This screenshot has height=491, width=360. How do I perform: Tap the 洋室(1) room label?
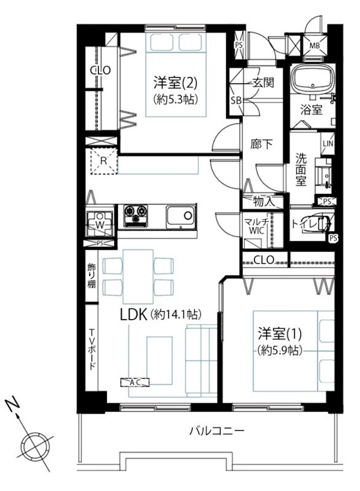(x=280, y=334)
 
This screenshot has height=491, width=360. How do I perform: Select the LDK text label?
(x=134, y=315)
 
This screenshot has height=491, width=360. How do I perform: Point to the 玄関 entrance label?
(x=263, y=83)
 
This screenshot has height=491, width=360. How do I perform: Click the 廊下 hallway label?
(x=261, y=144)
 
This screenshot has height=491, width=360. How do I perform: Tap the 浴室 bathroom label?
(x=311, y=110)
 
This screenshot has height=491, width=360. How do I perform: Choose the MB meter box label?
(x=315, y=45)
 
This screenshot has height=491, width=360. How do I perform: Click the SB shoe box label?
(x=237, y=101)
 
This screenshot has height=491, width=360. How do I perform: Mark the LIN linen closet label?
(x=327, y=144)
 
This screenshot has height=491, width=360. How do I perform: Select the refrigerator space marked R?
(x=104, y=161)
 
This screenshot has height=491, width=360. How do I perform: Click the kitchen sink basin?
(x=181, y=216)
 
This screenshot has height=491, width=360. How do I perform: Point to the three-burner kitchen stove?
(x=136, y=215)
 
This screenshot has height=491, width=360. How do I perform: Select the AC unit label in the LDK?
(x=135, y=382)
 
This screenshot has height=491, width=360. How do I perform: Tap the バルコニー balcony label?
(x=217, y=431)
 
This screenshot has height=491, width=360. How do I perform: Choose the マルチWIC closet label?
(x=256, y=226)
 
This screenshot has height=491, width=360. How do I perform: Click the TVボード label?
(x=92, y=349)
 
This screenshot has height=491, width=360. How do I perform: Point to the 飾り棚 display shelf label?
(x=92, y=276)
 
